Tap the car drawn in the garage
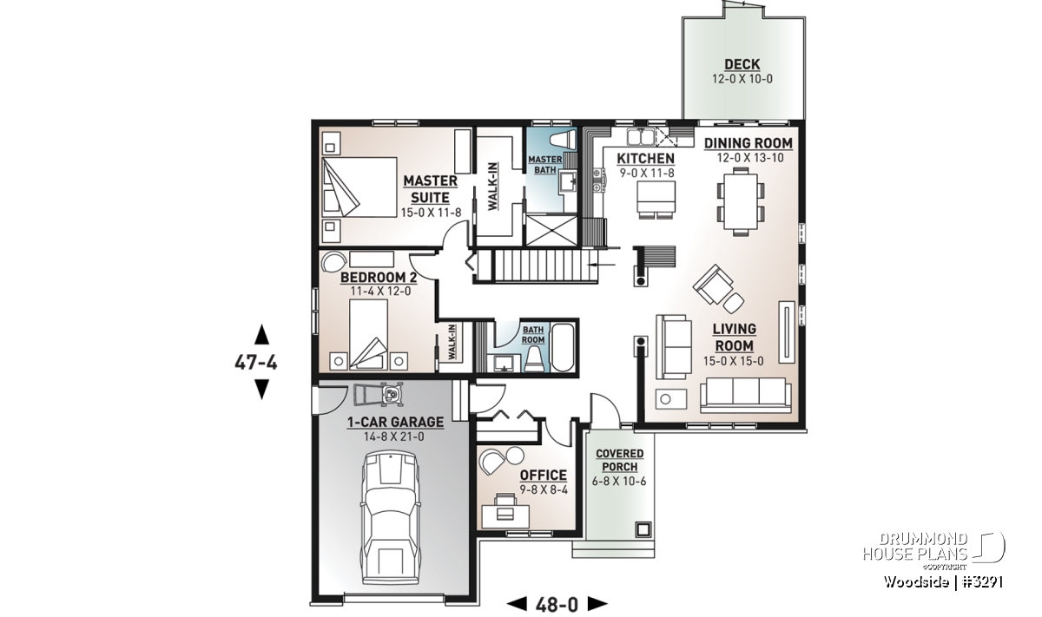391,517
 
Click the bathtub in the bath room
563,347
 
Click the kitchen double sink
641,137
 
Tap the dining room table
741,201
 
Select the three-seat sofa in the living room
745,394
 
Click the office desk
505,516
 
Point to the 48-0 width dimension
557,605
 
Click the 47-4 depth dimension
256,362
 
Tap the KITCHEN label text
645,159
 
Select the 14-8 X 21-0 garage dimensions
394,436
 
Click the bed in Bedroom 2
368,334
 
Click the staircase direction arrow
602,265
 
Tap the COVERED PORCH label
620,460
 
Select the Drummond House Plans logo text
915,547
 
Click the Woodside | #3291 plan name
943,581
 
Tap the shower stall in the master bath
551,230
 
